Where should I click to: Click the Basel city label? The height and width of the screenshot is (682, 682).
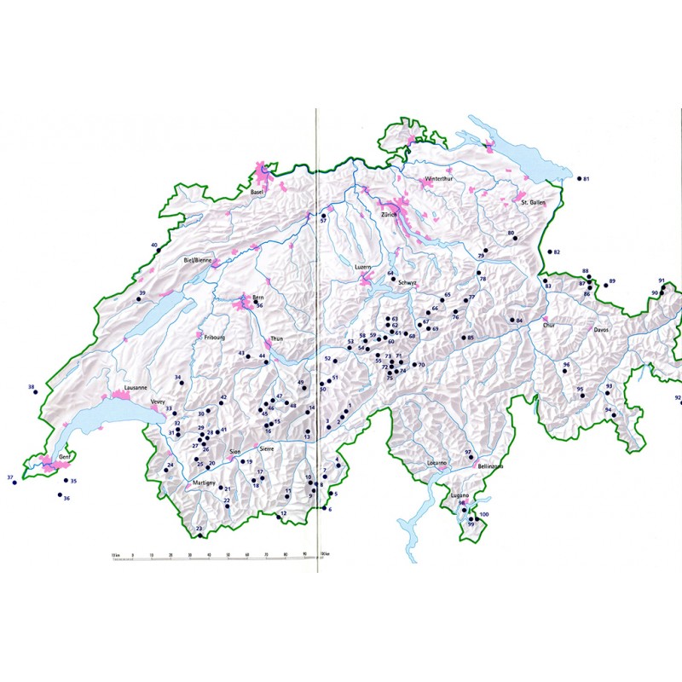pos(257,194)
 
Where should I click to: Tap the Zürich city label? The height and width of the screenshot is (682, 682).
pos(391,214)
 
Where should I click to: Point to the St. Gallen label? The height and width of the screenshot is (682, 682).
pos(533,203)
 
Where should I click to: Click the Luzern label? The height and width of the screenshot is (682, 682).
pos(364,267)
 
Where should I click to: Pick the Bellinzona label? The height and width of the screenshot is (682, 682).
pos(491,467)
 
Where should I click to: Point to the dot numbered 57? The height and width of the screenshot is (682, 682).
pos(323,216)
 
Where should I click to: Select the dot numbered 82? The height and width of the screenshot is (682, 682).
pos(548,252)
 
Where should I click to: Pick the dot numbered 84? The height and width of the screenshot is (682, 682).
pos(510,321)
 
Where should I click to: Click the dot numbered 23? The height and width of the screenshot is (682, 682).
pos(201,536)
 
